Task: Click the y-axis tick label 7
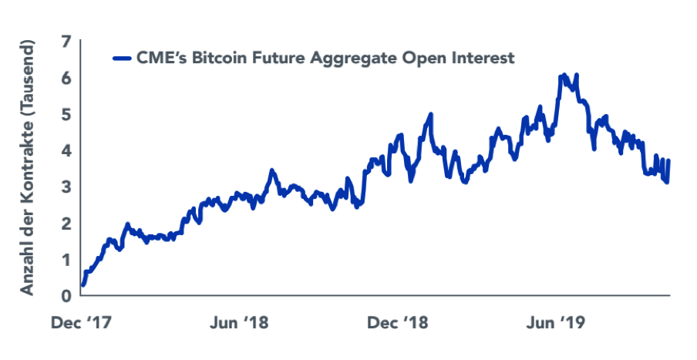(x=66, y=42)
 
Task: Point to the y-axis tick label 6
(x=66, y=78)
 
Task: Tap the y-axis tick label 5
(x=66, y=114)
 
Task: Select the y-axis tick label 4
(x=66, y=150)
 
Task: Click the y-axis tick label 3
(x=66, y=187)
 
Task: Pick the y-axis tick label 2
(x=66, y=223)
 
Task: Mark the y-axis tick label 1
(x=66, y=259)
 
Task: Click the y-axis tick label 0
(x=66, y=295)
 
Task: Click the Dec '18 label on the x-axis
(x=397, y=322)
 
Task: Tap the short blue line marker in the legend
(x=121, y=58)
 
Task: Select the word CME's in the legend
(x=160, y=58)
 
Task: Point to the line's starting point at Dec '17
(x=82, y=284)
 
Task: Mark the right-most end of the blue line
(x=668, y=161)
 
